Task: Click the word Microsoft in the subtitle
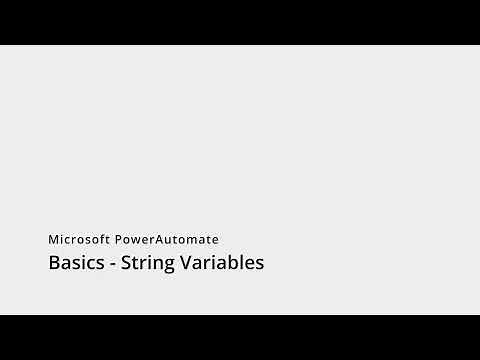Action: pos(80,240)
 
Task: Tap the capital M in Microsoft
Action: pos(54,240)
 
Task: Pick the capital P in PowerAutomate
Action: pos(120,240)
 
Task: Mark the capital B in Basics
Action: pos(54,264)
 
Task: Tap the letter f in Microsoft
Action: pos(106,240)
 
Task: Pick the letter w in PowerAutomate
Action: pos(139,241)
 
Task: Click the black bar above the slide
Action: pos(240,22)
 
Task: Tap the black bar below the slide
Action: pos(240,337)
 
